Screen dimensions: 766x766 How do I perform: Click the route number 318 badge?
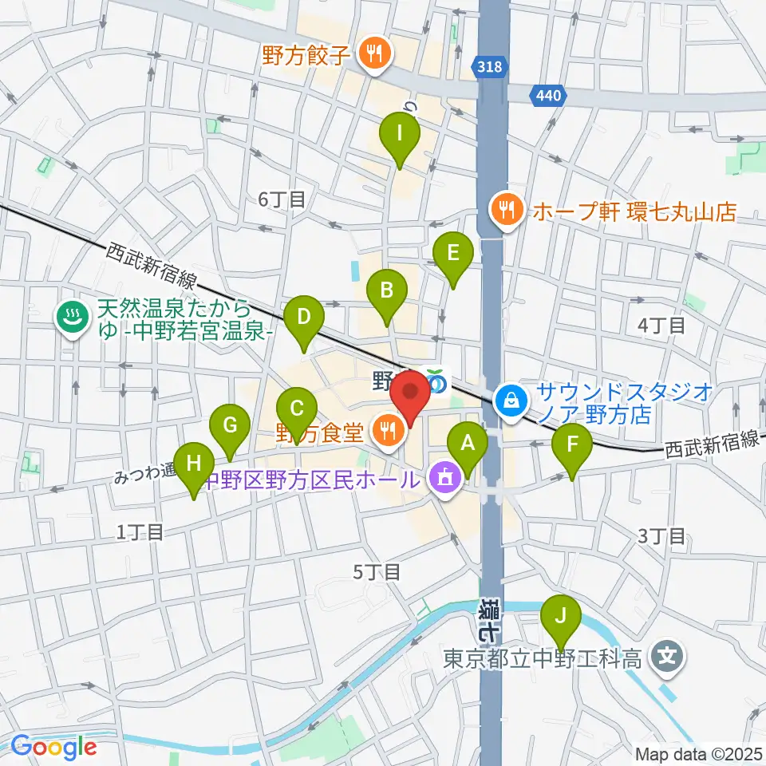click(x=492, y=67)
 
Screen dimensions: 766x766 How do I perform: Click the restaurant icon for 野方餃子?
click(x=373, y=54)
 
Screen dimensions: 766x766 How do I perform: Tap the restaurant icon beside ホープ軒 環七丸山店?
click(x=505, y=211)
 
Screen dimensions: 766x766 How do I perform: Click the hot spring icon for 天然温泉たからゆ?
click(x=72, y=317)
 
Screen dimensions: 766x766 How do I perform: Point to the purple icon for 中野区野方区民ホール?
click(x=442, y=480)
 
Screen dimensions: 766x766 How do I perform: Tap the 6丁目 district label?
click(x=282, y=199)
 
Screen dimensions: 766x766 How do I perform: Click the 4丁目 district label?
click(x=662, y=324)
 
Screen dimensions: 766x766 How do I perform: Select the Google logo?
click(x=53, y=747)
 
